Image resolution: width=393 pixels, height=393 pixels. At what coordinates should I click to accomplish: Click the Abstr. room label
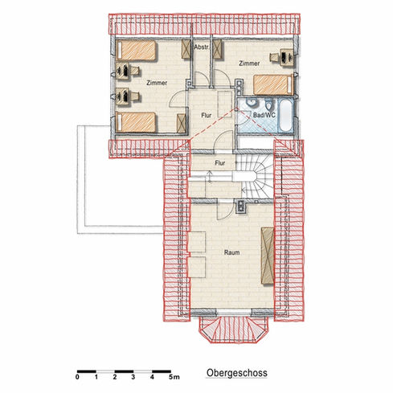[201, 47]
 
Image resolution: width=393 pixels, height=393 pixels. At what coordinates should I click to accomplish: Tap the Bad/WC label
[264, 115]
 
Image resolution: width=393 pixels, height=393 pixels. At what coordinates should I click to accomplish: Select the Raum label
[232, 252]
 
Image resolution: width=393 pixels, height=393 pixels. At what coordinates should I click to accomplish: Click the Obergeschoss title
[237, 373]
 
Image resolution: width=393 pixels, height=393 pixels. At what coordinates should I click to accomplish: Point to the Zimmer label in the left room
[157, 83]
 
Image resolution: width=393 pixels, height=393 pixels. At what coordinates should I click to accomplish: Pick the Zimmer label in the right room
[249, 63]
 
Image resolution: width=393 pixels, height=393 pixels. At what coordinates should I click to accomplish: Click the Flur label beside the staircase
[220, 163]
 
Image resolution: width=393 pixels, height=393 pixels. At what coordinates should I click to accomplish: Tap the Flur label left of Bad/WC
[207, 116]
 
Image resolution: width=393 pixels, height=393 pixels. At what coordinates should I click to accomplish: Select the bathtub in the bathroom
[285, 115]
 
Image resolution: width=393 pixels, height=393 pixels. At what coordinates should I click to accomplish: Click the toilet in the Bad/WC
[268, 104]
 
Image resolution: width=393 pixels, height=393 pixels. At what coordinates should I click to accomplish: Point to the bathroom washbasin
[252, 103]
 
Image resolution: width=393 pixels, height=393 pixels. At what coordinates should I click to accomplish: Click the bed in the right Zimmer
[273, 85]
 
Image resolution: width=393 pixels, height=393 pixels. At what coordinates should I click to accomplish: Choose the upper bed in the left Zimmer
[136, 51]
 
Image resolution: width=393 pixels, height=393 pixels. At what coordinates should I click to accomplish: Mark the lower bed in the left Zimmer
[136, 122]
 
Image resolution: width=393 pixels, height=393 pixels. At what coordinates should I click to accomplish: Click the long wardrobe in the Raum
[268, 256]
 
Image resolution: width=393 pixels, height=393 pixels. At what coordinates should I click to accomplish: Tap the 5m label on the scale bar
[174, 377]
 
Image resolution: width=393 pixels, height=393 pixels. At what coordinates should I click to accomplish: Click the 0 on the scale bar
[77, 377]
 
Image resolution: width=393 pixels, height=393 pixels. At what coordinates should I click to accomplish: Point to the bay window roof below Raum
[233, 329]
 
